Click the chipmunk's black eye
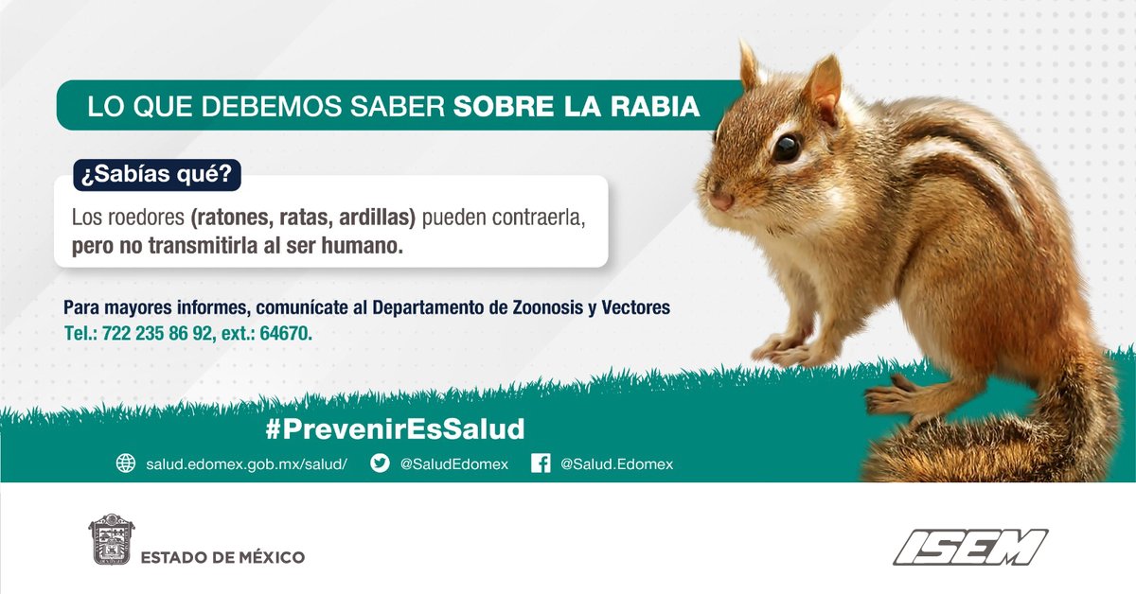(x=786, y=147)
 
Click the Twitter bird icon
(x=380, y=463)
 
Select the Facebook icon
(x=541, y=463)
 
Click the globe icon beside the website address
(x=126, y=463)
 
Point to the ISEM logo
(x=970, y=548)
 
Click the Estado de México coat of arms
(x=111, y=540)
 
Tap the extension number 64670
(x=284, y=334)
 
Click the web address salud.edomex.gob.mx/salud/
(x=247, y=464)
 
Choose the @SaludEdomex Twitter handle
(x=453, y=464)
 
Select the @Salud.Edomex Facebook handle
(x=616, y=464)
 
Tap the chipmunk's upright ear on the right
(x=821, y=85)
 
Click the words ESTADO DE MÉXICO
(x=222, y=557)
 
